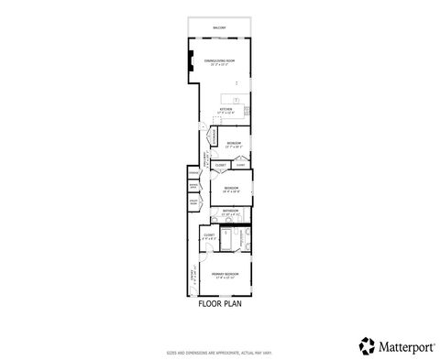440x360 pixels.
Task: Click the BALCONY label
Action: point(219,28)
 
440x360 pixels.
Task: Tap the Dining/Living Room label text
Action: point(219,62)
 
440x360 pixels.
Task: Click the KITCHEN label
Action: point(225,110)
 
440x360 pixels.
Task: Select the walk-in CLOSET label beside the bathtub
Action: point(209,235)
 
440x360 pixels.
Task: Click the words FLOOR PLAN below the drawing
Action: point(220,303)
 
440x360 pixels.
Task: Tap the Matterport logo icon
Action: point(367,345)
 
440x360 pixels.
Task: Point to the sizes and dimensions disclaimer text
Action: point(220,351)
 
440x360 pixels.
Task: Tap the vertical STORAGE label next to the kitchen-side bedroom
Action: point(214,137)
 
